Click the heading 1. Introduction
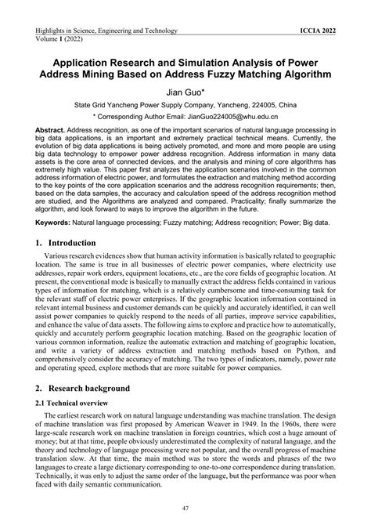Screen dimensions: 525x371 click(x=74, y=244)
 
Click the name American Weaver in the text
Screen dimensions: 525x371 click(x=191, y=425)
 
